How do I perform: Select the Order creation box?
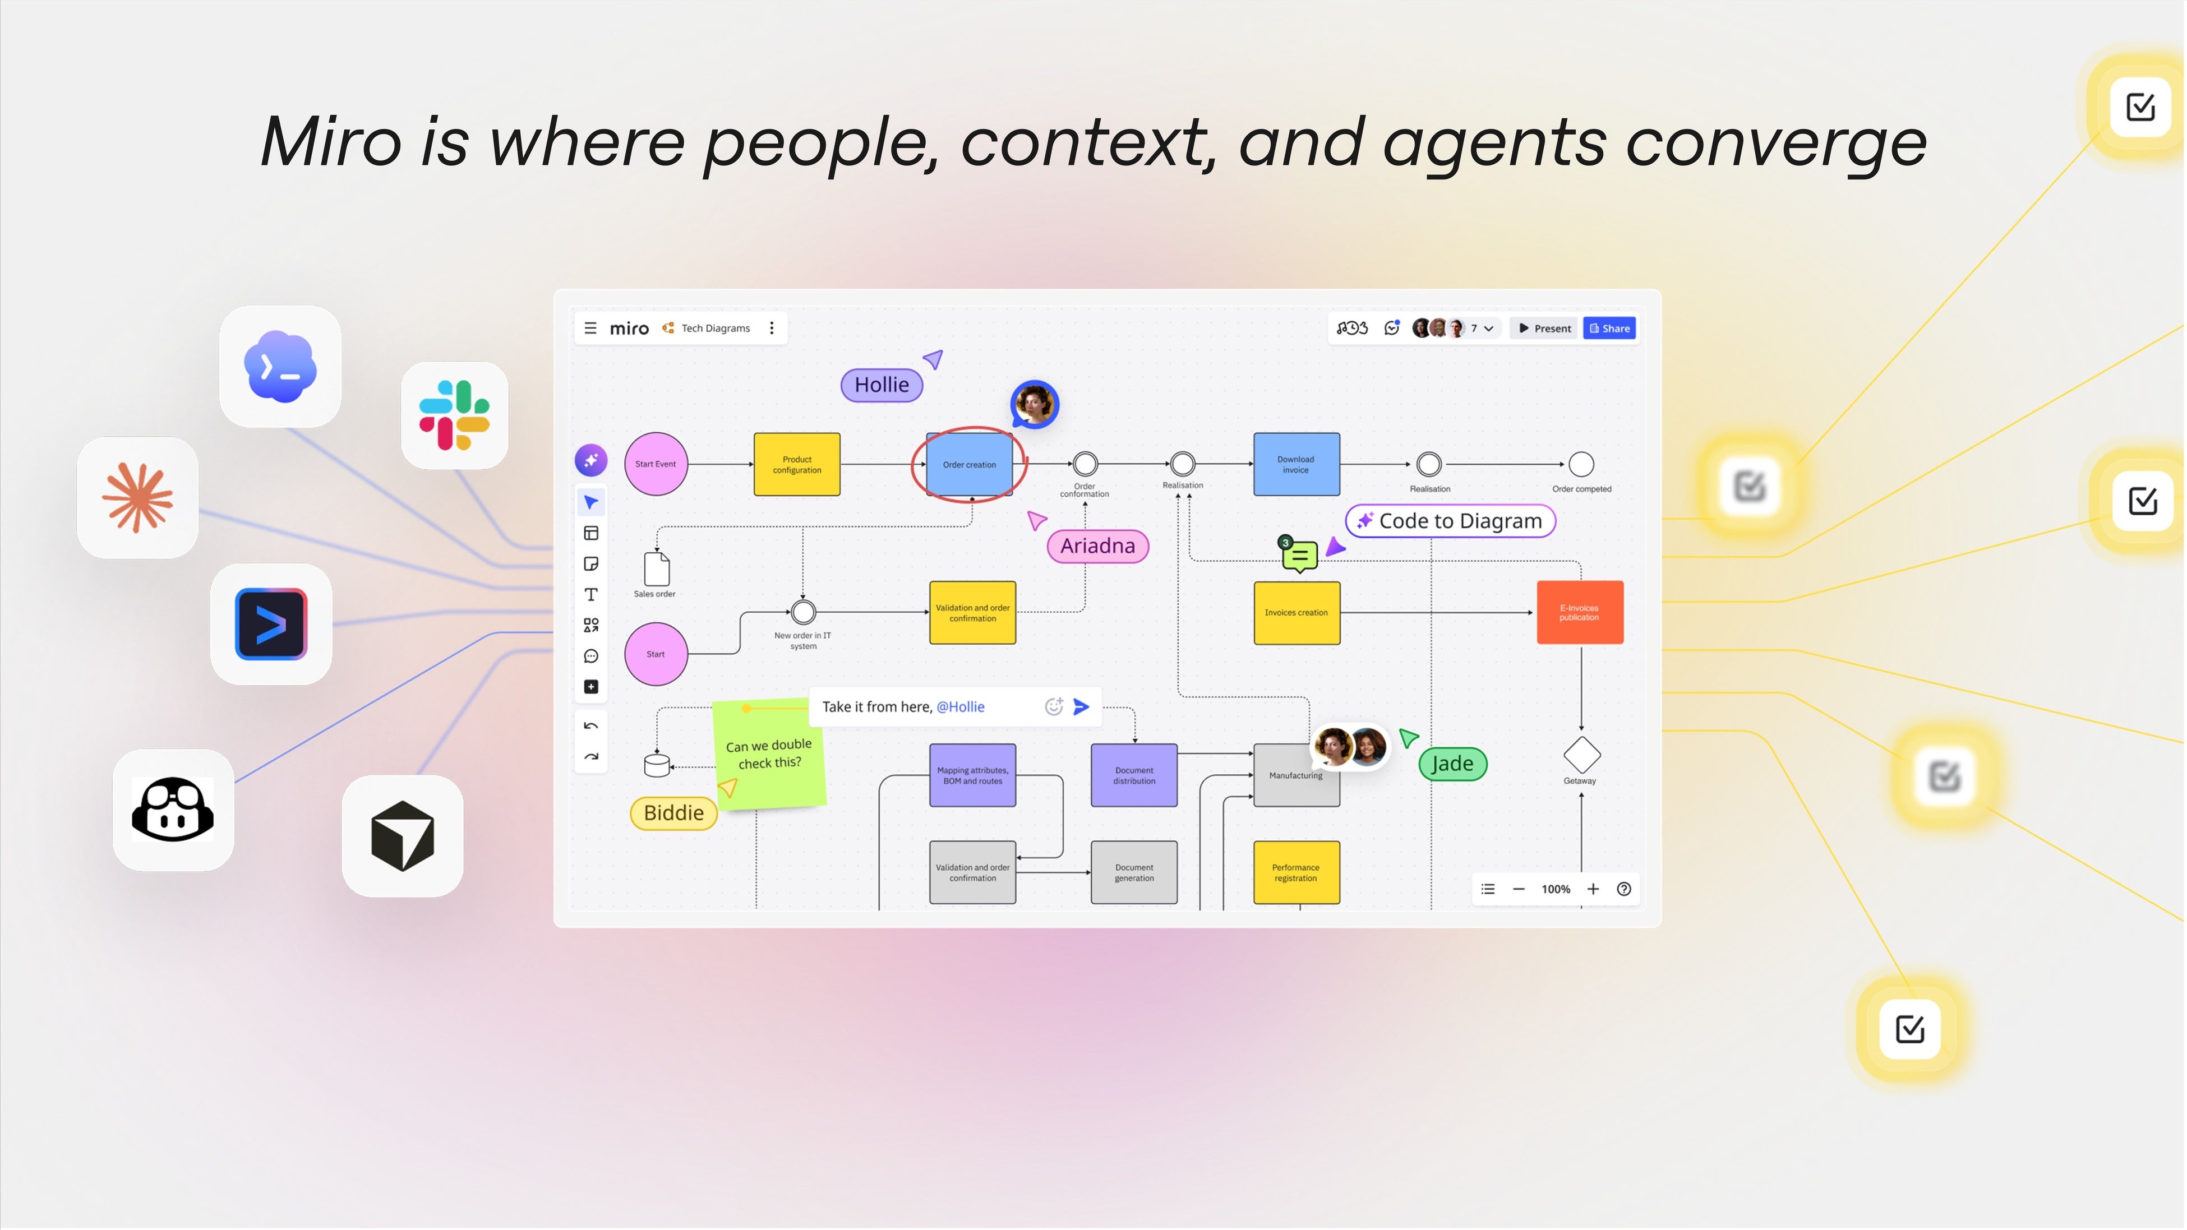tap(970, 464)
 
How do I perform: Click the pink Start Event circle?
tap(656, 464)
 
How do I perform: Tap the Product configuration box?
tap(797, 464)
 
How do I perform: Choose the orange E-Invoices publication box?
tap(1580, 612)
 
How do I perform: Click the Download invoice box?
tap(1296, 464)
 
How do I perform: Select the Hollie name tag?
tap(882, 385)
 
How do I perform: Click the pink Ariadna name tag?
tap(1098, 546)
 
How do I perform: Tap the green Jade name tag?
tap(1452, 763)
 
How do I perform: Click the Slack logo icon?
tap(454, 415)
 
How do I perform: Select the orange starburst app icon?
tap(137, 497)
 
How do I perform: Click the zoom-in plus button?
tap(1593, 889)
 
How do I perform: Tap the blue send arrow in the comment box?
tap(1081, 706)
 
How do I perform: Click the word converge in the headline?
tap(1775, 144)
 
